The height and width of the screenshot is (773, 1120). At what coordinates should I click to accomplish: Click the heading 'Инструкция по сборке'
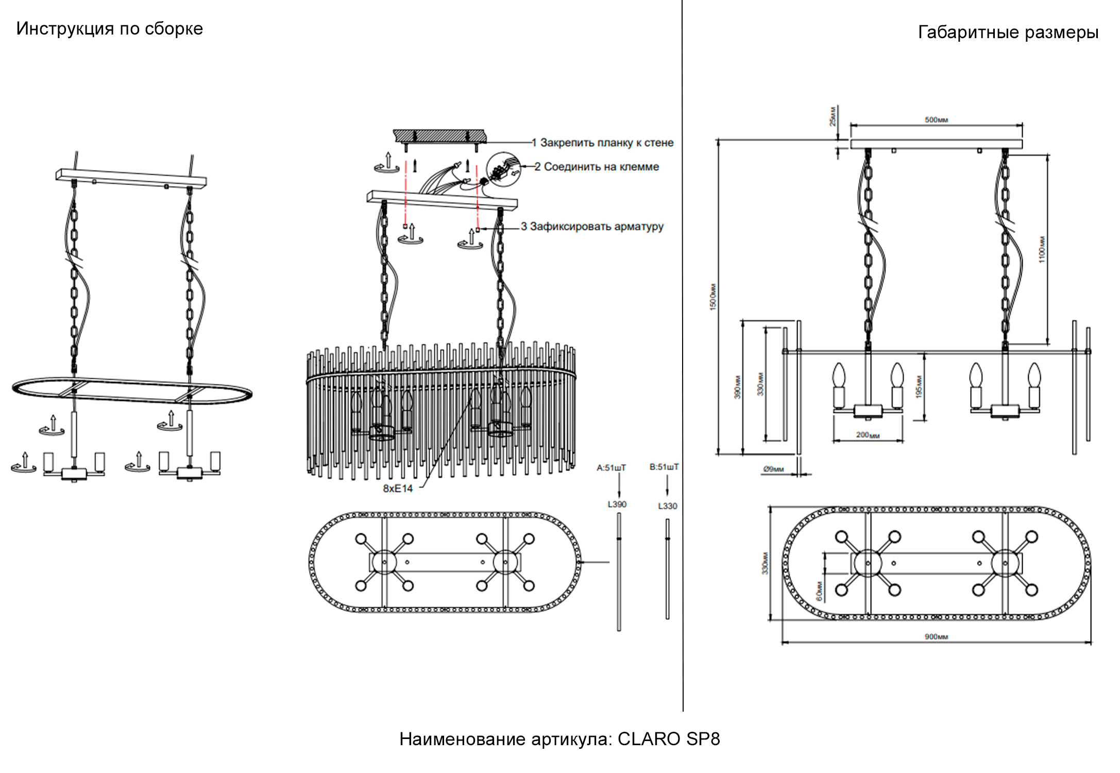tap(109, 29)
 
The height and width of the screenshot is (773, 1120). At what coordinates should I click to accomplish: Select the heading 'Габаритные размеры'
tap(1008, 32)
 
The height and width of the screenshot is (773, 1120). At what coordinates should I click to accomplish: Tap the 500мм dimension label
tap(936, 120)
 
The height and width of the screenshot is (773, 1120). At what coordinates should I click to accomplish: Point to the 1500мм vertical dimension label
tap(713, 297)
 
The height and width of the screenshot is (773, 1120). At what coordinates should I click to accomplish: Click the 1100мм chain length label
tap(1042, 249)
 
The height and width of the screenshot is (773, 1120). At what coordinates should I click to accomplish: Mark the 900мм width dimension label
tap(936, 637)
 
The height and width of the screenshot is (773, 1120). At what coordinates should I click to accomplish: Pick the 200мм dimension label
tap(868, 435)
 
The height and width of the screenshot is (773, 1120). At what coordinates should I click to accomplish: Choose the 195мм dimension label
tap(918, 386)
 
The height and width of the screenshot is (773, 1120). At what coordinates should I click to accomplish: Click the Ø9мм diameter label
tap(773, 469)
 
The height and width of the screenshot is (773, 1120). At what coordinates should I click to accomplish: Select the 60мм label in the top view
tap(819, 591)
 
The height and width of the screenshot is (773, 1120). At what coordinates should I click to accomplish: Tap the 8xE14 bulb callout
tap(398, 489)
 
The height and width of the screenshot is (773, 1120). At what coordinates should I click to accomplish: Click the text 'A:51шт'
tap(611, 468)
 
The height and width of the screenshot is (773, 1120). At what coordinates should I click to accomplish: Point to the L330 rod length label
tap(667, 506)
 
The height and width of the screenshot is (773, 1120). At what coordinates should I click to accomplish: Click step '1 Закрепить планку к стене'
tap(602, 143)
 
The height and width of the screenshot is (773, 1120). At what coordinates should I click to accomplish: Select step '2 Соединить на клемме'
tap(597, 167)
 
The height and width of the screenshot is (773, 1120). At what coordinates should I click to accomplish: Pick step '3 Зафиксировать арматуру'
tap(592, 227)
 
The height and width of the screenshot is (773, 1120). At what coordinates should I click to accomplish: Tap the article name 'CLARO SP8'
tap(669, 739)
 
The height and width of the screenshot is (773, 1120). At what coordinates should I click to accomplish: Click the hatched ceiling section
tap(439, 136)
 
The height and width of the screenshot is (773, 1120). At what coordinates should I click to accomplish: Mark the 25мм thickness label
tap(832, 116)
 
